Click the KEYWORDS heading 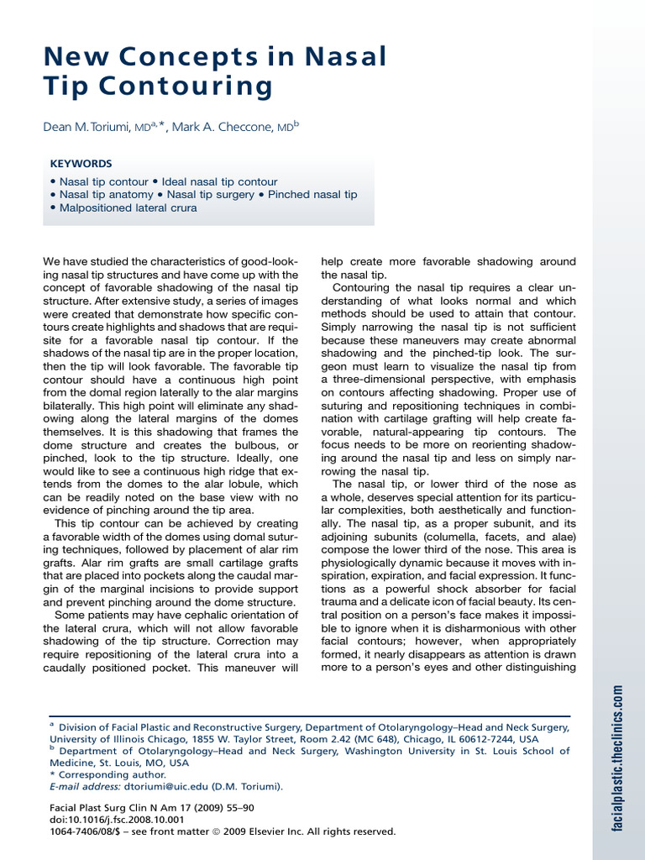coord(81,164)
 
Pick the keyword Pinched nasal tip coord(312,194)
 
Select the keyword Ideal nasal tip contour coord(220,181)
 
